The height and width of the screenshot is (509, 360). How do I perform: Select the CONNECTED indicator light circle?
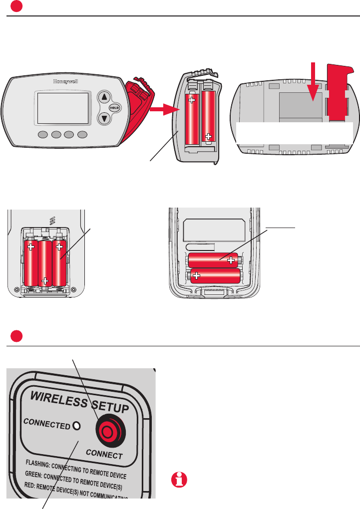click(x=76, y=425)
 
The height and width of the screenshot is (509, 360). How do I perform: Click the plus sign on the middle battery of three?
click(x=45, y=280)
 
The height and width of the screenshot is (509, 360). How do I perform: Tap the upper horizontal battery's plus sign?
click(x=230, y=259)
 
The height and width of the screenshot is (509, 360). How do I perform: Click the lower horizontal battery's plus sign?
click(x=197, y=275)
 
